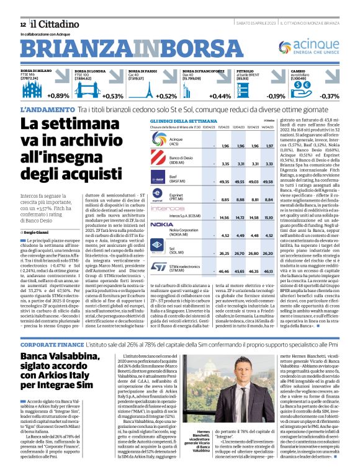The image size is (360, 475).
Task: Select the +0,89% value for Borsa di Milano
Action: click(x=58, y=96)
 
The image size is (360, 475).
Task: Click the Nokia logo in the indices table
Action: click(x=161, y=224)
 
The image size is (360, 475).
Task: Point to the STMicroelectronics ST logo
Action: click(x=161, y=267)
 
